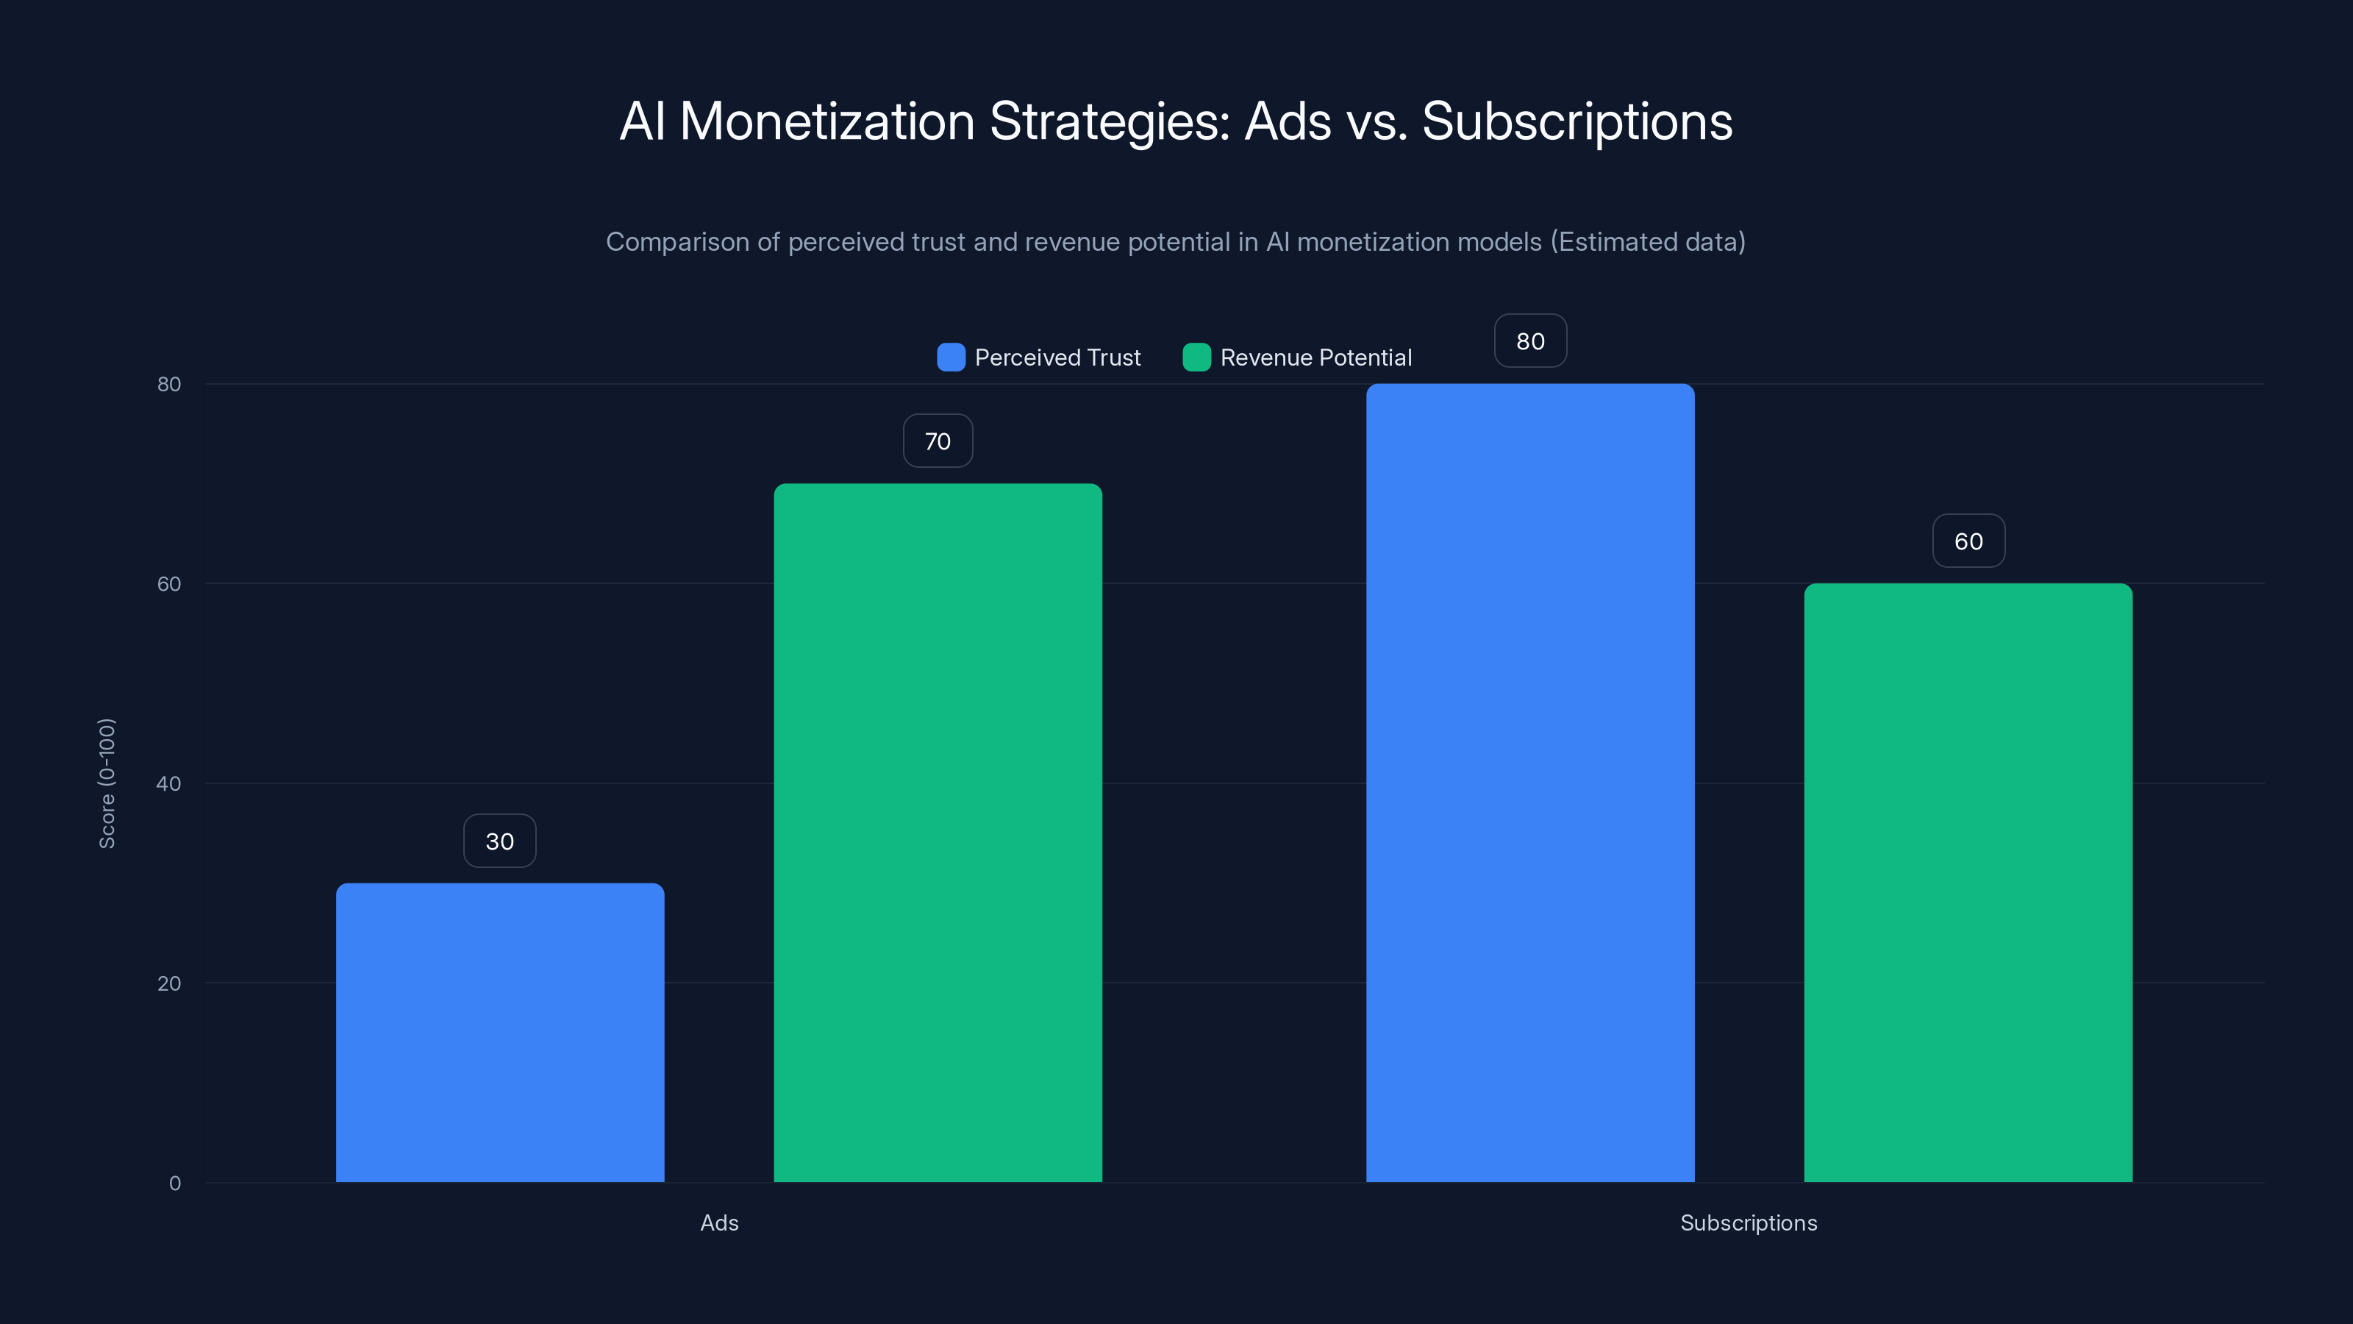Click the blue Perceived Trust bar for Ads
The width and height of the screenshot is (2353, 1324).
click(500, 1033)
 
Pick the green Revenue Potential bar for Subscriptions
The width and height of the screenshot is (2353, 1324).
click(1968, 883)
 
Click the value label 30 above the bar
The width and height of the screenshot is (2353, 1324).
click(500, 841)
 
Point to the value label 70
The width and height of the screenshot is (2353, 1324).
click(938, 441)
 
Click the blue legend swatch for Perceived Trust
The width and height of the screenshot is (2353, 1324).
click(951, 357)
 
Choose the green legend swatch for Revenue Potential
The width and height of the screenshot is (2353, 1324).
click(1196, 357)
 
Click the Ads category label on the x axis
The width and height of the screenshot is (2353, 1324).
click(719, 1222)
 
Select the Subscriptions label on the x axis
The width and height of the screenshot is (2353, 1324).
click(1749, 1222)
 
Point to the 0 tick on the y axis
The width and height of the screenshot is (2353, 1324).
click(174, 1184)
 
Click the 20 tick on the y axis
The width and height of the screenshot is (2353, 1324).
click(169, 983)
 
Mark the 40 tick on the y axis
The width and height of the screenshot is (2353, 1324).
click(169, 783)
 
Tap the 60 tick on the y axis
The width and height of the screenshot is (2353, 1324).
click(169, 584)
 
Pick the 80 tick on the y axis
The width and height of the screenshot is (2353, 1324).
click(169, 384)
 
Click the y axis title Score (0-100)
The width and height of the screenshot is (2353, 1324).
click(107, 783)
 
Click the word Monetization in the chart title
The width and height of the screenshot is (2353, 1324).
click(826, 121)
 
